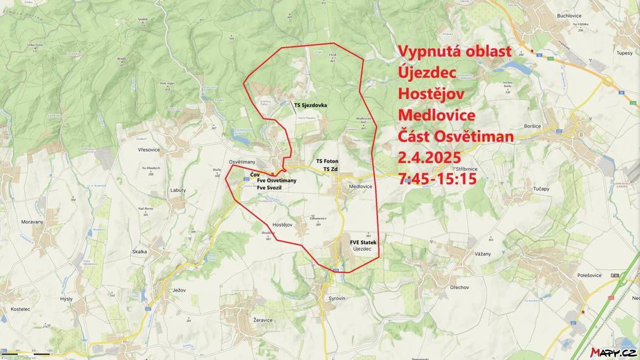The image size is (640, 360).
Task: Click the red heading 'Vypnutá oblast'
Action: [455, 51]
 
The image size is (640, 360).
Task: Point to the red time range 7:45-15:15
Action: [437, 179]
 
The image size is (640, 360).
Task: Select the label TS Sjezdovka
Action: [310, 105]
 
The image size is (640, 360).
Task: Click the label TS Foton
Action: [327, 161]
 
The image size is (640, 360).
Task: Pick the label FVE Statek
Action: [363, 243]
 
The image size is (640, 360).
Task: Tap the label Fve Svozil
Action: [270, 188]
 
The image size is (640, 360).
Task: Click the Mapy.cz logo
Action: [613, 352]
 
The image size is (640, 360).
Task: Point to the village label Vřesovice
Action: [149, 150]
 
